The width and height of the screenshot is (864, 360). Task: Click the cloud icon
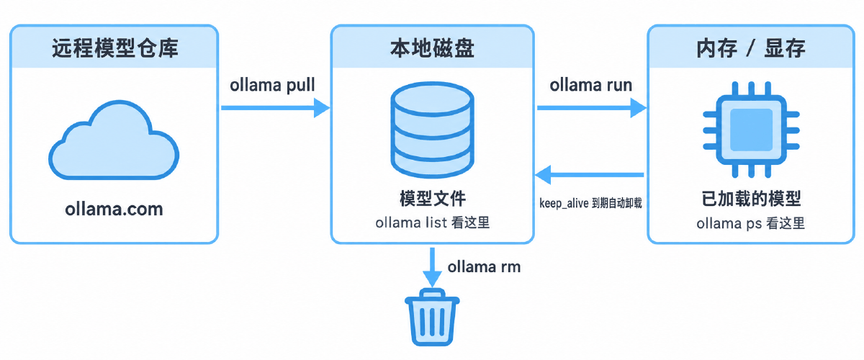coord(114,140)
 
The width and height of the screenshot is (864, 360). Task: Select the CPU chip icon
coord(751,130)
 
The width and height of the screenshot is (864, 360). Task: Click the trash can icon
coord(432,317)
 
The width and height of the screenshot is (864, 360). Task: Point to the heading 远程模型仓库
coord(115,48)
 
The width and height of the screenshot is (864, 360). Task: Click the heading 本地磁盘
coord(433,48)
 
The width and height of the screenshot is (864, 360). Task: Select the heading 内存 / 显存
coord(751,48)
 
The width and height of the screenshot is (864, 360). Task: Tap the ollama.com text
coord(114,209)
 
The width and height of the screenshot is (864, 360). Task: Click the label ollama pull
coord(272,85)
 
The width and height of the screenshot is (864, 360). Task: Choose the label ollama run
coord(591,85)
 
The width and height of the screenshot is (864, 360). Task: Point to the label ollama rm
coord(484,266)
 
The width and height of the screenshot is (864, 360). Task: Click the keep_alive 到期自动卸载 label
coord(590,203)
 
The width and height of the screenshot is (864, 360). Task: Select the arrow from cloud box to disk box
coord(275,108)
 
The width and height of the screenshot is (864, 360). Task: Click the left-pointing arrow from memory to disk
coord(590,175)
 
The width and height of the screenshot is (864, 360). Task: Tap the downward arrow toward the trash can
coord(433,267)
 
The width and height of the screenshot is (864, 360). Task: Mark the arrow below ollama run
coord(592,108)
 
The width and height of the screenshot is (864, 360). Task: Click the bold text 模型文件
coord(433,199)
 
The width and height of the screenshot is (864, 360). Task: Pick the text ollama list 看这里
coord(433,222)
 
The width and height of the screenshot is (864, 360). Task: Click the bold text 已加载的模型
coord(751,199)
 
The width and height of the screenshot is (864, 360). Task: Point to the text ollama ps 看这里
coord(750,223)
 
